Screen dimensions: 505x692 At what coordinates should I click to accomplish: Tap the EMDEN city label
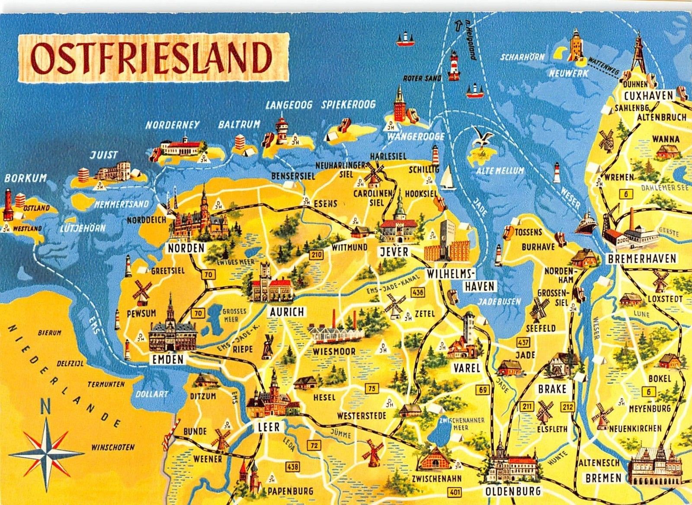pyautogui.click(x=168, y=359)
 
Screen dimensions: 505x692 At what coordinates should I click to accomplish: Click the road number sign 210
pyautogui.click(x=317, y=255)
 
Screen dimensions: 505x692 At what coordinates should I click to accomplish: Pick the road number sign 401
pyautogui.click(x=455, y=492)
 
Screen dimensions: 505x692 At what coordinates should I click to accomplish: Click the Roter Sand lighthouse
pyautogui.click(x=454, y=66)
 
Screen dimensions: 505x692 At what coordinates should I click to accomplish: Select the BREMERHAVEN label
pyautogui.click(x=641, y=259)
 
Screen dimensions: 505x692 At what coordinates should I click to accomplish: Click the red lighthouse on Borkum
pyautogui.click(x=8, y=205)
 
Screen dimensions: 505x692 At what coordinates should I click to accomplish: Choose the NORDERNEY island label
pyautogui.click(x=172, y=125)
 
